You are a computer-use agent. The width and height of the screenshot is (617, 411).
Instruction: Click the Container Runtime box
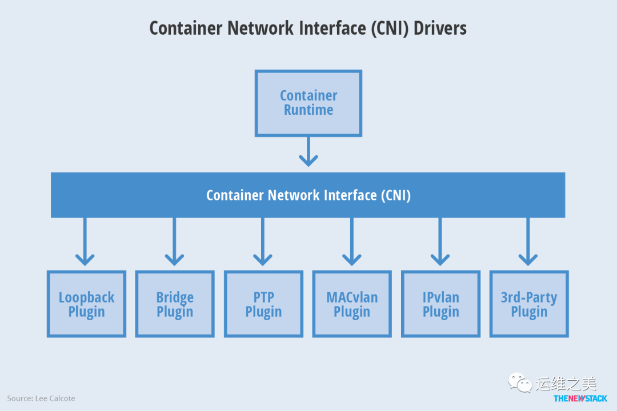[x=308, y=103]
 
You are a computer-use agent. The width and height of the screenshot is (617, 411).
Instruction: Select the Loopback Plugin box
[x=86, y=304]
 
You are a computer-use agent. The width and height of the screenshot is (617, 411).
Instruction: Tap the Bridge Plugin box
[x=175, y=304]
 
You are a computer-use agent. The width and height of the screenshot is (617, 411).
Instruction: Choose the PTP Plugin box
[x=263, y=304]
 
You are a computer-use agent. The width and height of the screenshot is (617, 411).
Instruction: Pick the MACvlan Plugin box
[x=352, y=304]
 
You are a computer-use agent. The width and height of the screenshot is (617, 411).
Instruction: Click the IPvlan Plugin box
[x=440, y=304]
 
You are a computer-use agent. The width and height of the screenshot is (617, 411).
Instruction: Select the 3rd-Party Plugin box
[x=529, y=304]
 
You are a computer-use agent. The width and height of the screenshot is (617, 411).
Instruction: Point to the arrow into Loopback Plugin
[x=85, y=243]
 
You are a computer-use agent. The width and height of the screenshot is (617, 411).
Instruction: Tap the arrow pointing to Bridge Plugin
[x=174, y=243]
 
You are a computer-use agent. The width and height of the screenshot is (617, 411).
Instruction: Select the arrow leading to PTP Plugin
[x=263, y=243]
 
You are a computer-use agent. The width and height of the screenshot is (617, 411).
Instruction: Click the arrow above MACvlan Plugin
[x=351, y=243]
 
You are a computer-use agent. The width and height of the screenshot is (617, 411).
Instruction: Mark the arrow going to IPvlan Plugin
[x=440, y=243]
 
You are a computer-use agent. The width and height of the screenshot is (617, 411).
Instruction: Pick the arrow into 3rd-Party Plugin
[x=528, y=243]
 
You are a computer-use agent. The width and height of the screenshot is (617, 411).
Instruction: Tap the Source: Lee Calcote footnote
[x=41, y=398]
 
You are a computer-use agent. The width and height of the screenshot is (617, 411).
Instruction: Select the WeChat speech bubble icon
[x=520, y=382]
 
